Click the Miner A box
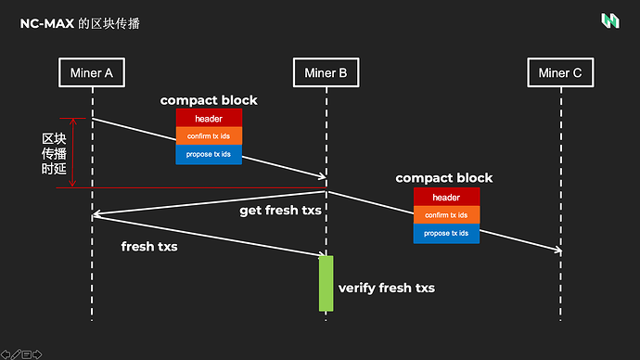click(x=92, y=72)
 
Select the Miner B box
click(x=326, y=72)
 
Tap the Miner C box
click(x=560, y=72)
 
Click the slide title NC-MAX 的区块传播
click(x=80, y=24)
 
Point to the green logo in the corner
click(x=610, y=20)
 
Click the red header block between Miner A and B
click(x=209, y=119)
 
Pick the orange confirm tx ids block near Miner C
click(x=446, y=215)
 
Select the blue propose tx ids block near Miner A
click(x=209, y=154)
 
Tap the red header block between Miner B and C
click(x=446, y=197)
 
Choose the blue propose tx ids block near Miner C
click(x=446, y=234)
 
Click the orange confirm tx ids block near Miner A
click(x=209, y=136)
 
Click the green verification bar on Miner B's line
click(x=326, y=284)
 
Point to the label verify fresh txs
click(x=387, y=288)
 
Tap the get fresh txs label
click(x=280, y=211)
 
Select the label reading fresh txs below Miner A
click(x=149, y=247)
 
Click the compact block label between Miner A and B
click(x=209, y=100)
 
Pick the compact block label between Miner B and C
click(x=444, y=178)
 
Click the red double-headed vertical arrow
click(x=72, y=152)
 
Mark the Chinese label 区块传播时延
click(x=54, y=153)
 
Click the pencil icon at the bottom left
click(x=16, y=354)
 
